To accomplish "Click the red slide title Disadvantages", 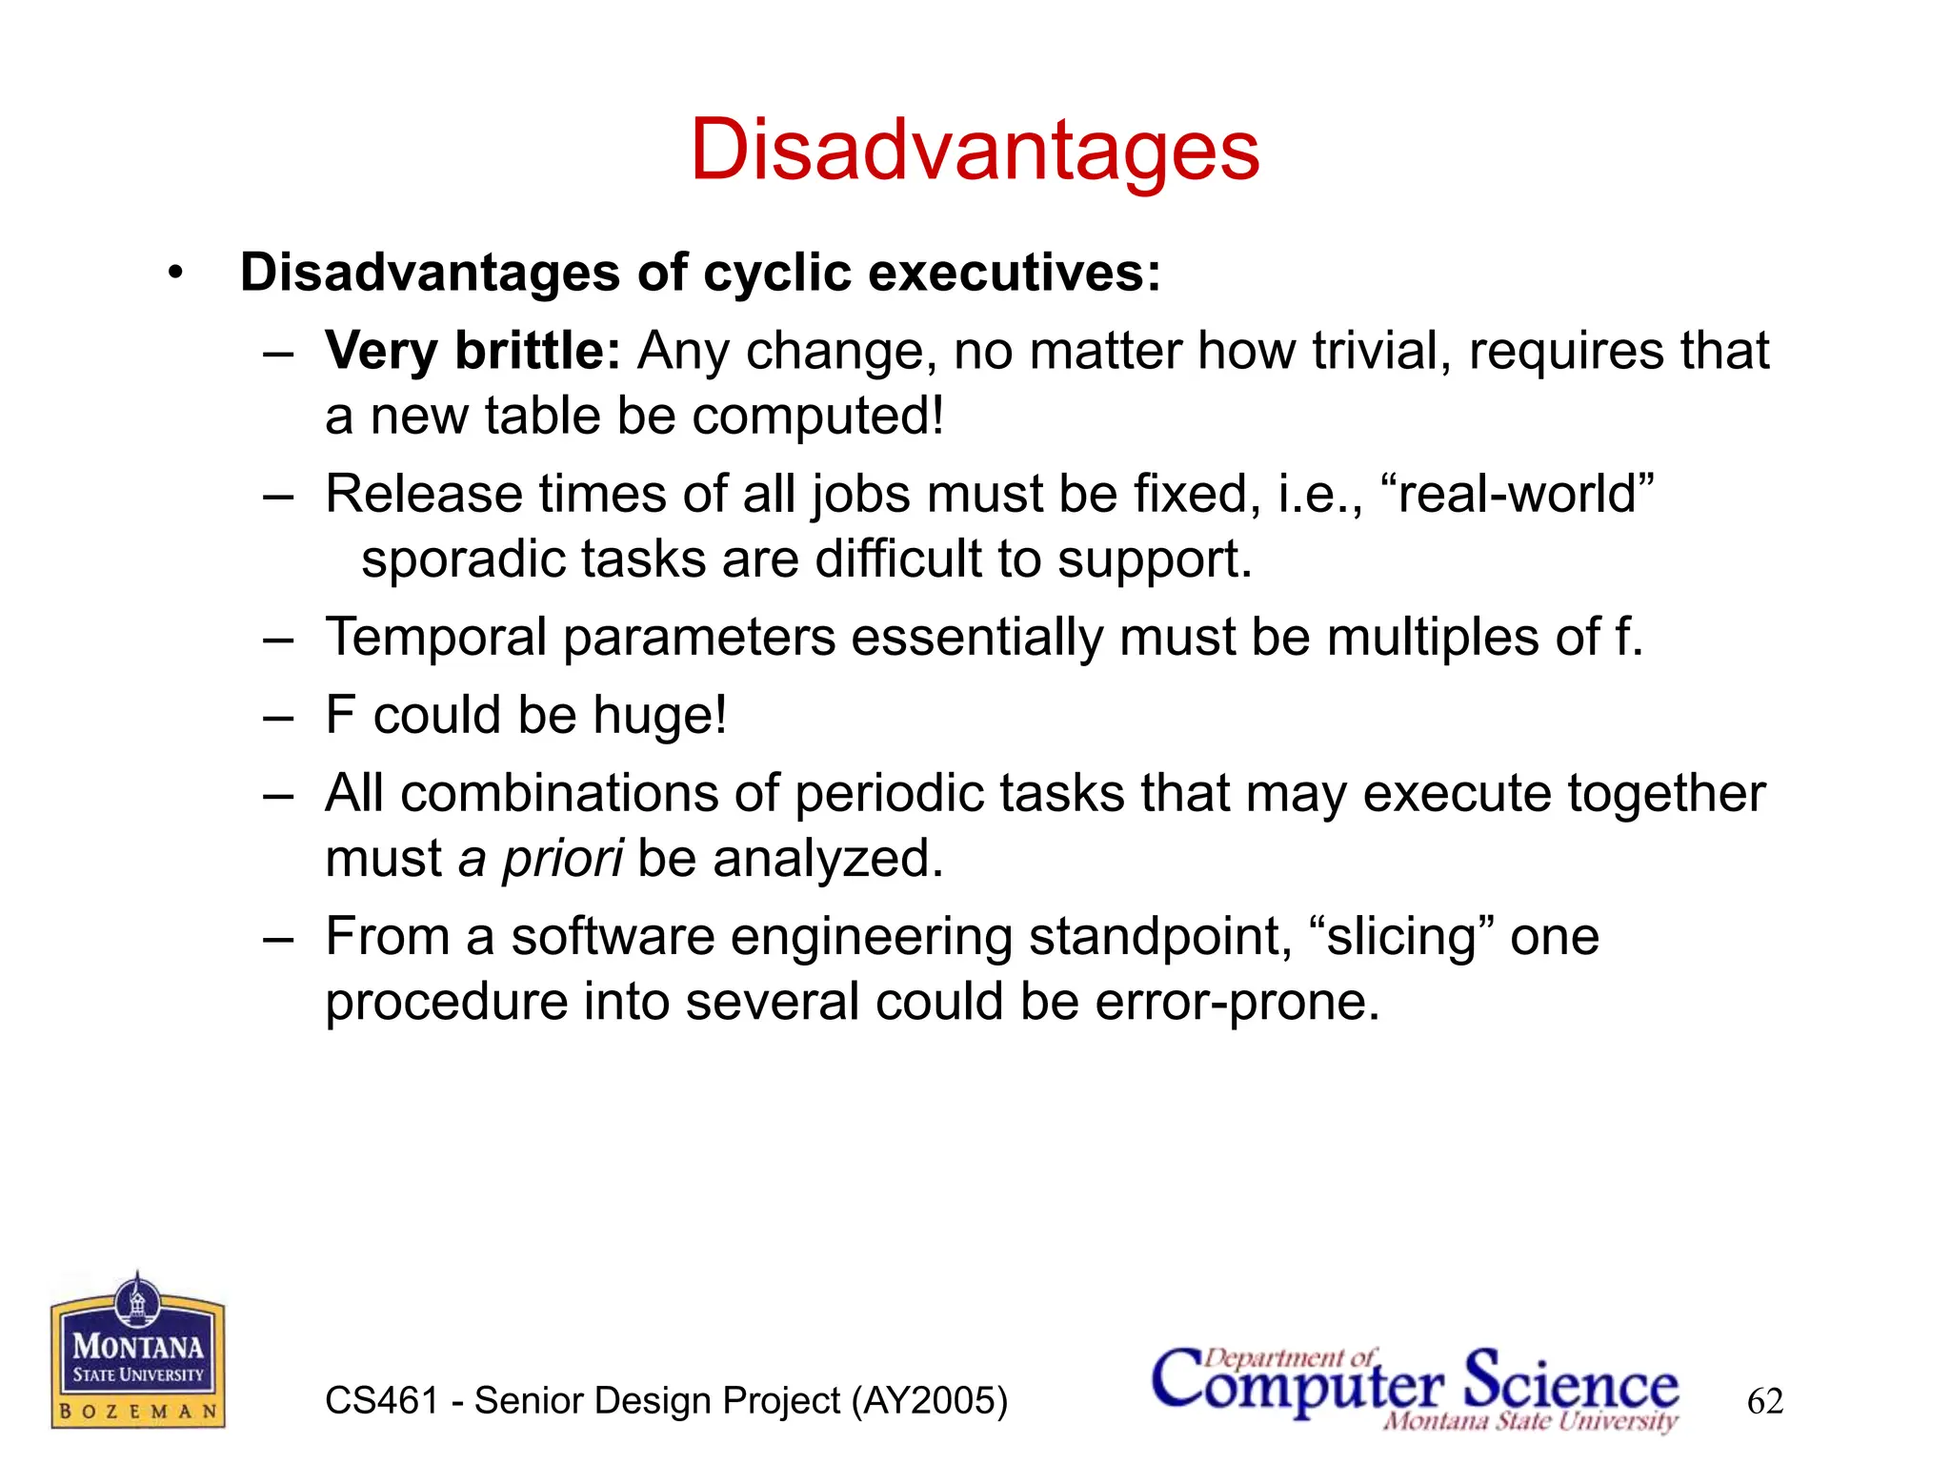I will point(975,151).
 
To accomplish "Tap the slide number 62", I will point(1764,1401).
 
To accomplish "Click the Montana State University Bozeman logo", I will point(138,1352).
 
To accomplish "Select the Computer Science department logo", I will point(1415,1388).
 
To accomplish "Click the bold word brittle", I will point(537,351).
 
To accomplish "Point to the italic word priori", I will point(563,859).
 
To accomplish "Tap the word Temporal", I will point(435,638).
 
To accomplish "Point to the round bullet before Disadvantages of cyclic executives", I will point(174,274).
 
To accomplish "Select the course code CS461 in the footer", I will point(381,1401).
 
